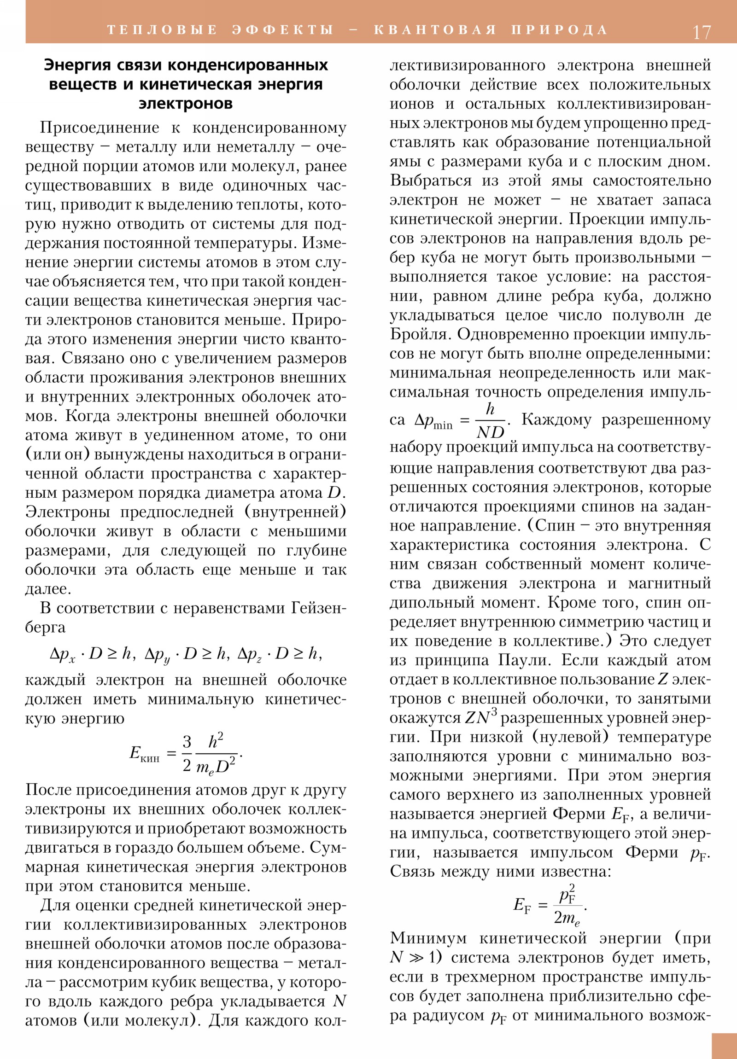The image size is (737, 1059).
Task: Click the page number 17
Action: pos(702,32)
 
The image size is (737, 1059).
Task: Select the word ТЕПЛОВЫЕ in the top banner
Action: pos(162,30)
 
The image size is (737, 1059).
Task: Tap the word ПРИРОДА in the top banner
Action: pos(559,30)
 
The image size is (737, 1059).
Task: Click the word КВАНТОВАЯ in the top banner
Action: pos(435,30)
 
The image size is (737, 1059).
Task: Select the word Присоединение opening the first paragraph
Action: pos(99,128)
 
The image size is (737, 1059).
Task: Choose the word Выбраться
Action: pos(431,180)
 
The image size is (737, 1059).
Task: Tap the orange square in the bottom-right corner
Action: pos(724,1046)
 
